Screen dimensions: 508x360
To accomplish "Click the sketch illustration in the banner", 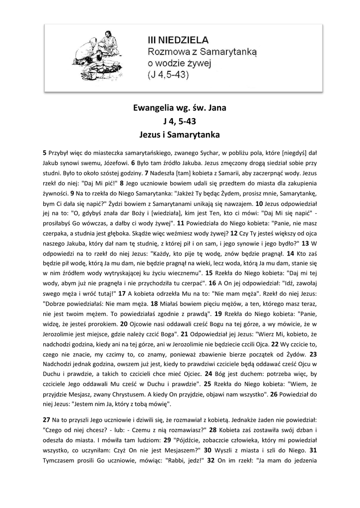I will click(99, 53).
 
